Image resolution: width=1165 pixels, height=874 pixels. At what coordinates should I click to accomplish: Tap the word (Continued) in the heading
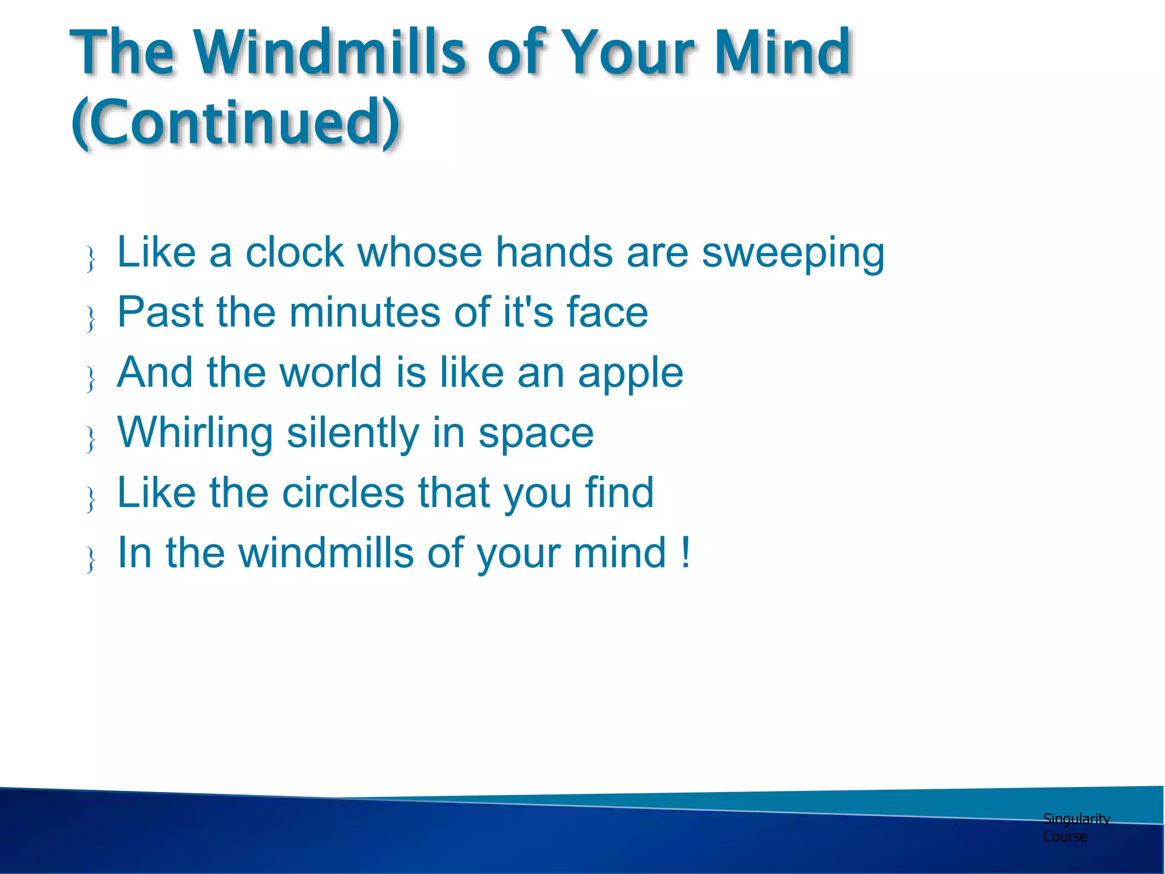236,122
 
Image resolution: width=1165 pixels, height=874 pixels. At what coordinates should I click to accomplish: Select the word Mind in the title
782,52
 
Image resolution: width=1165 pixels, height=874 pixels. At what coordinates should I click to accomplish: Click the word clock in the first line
294,252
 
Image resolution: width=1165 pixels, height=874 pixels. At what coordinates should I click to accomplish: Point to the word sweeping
793,254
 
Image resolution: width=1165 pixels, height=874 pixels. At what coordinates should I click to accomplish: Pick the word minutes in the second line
365,312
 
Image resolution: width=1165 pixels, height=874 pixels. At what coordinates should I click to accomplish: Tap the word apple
630,374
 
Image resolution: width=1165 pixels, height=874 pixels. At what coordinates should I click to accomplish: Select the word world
331,373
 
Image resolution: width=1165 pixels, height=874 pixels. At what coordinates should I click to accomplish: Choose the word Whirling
195,434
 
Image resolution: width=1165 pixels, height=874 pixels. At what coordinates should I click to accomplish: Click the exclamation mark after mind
685,553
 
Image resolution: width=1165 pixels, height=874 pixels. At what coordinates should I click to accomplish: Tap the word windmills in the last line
325,553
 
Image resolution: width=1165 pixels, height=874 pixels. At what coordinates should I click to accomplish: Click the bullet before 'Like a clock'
90,259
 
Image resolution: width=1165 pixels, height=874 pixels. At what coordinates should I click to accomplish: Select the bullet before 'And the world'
90,379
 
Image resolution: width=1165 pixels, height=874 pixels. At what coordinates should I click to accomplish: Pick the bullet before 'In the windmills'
90,559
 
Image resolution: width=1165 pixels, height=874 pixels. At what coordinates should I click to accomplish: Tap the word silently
353,434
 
